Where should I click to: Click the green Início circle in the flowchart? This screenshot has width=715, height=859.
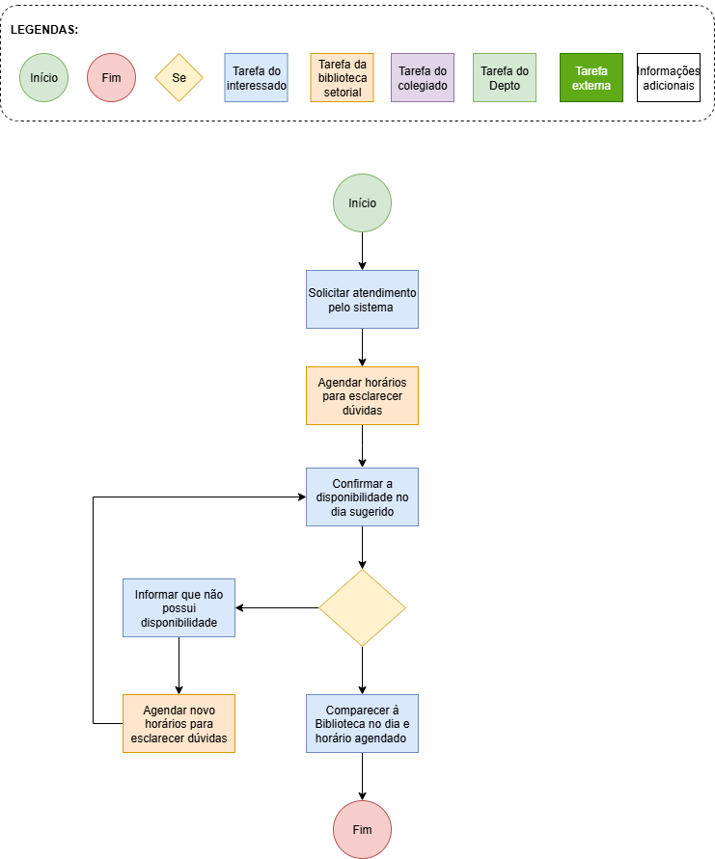362,202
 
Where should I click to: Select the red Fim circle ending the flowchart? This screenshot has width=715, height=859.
362,829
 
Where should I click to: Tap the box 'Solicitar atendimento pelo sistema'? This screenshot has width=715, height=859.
362,299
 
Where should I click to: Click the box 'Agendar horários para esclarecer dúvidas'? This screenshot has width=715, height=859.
362,395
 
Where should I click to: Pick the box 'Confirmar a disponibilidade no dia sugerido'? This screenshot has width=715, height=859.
362,497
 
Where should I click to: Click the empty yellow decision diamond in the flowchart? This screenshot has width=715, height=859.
362,607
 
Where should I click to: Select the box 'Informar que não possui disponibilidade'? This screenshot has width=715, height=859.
179,607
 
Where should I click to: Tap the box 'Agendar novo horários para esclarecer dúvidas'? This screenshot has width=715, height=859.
179,723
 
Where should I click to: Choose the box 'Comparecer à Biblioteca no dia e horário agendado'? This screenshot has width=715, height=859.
362,723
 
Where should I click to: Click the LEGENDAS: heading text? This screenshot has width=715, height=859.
44,30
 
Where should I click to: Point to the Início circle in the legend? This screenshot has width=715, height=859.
43,77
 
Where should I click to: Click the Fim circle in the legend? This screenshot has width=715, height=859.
111,77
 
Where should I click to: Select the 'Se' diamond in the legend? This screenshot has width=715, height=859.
179,77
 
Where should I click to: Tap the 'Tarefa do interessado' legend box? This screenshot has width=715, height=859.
256,77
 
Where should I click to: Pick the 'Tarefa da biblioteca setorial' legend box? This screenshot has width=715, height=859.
343,77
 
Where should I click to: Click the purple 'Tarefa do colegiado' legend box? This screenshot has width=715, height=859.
423,77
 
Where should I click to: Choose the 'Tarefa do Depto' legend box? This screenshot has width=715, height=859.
505,77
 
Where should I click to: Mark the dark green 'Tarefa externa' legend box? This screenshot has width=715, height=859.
591,77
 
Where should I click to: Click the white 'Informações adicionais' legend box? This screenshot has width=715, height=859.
669,77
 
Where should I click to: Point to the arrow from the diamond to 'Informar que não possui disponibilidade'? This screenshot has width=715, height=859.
278,607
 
